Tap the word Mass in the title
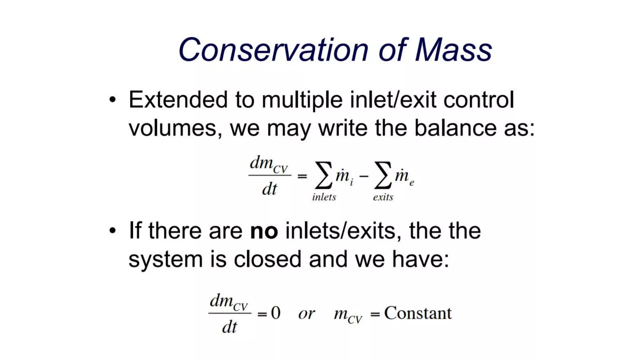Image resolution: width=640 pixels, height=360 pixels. click(x=453, y=50)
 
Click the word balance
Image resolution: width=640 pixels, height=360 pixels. click(x=455, y=128)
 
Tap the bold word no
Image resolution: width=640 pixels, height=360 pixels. click(x=264, y=232)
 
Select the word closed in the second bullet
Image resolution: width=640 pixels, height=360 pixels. click(x=267, y=259)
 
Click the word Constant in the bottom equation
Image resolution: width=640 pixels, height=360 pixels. click(x=418, y=313)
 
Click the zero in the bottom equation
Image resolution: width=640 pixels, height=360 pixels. click(x=276, y=313)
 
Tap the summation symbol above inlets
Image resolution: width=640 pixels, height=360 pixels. click(x=323, y=175)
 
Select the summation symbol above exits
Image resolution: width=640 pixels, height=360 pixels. click(x=383, y=175)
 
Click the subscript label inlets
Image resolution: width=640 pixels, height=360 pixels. click(x=324, y=197)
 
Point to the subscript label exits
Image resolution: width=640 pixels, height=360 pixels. click(x=383, y=197)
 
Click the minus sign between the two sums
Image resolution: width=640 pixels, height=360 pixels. click(x=364, y=177)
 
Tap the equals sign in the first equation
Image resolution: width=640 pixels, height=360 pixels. click(x=302, y=177)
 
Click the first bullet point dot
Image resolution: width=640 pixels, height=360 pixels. click(x=112, y=100)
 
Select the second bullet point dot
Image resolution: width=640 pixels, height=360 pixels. click(x=112, y=231)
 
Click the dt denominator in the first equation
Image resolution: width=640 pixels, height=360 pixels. click(x=269, y=189)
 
